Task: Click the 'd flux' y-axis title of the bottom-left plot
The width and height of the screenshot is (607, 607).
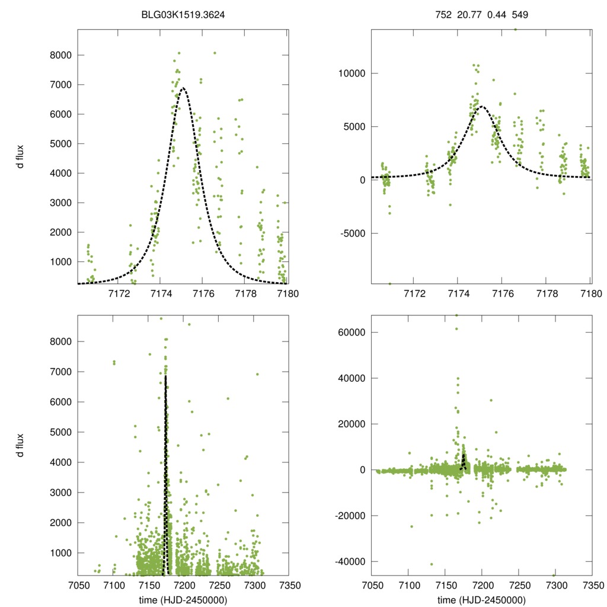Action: point(21,446)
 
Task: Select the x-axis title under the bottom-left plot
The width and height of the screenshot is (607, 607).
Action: point(183,600)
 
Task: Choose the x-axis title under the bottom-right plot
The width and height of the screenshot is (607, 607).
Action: point(481,600)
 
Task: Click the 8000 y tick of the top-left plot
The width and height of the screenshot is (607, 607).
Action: point(59,55)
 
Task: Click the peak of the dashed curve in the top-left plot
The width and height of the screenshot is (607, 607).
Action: point(183,88)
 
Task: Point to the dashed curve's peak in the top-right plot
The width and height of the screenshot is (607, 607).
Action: point(481,107)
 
